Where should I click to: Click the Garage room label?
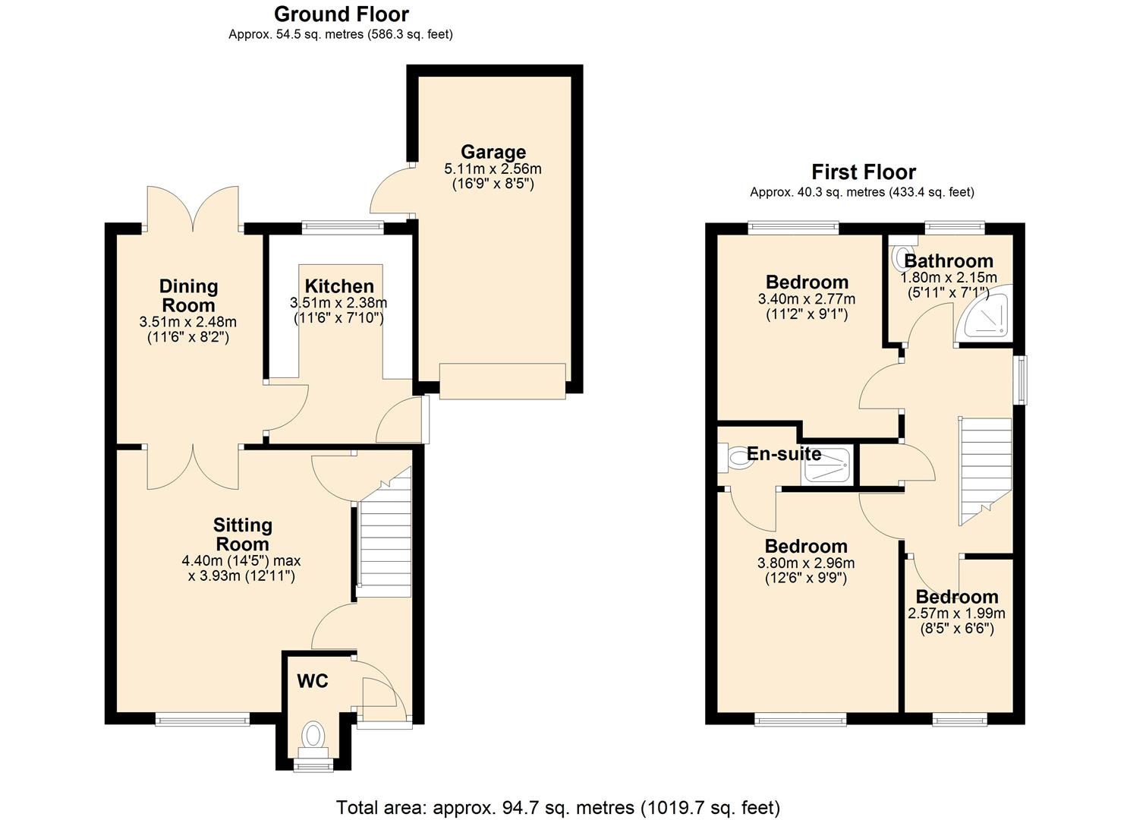[x=493, y=152]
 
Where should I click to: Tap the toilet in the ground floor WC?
[x=313, y=736]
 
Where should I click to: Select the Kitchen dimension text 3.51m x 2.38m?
[x=338, y=303]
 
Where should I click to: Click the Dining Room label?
[x=188, y=296]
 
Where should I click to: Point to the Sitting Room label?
[x=242, y=535]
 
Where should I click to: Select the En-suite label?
[x=784, y=454]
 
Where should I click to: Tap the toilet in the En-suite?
[x=735, y=459]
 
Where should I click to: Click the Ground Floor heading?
[x=341, y=14]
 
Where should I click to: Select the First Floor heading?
[x=864, y=172]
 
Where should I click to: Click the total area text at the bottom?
[x=558, y=807]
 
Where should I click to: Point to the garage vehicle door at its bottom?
[x=502, y=381]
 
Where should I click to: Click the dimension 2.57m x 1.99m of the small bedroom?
[x=956, y=613]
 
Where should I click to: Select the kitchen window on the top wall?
[x=342, y=225]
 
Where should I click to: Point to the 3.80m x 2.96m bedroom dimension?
[x=806, y=563]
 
